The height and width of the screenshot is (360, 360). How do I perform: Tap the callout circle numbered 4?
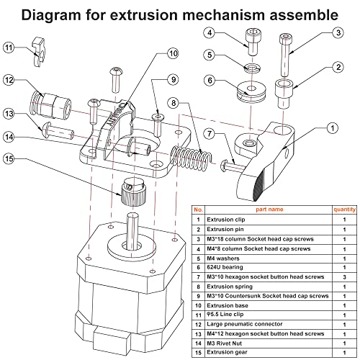[x=209, y=32]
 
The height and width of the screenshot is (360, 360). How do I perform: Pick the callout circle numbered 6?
[x=209, y=81]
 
